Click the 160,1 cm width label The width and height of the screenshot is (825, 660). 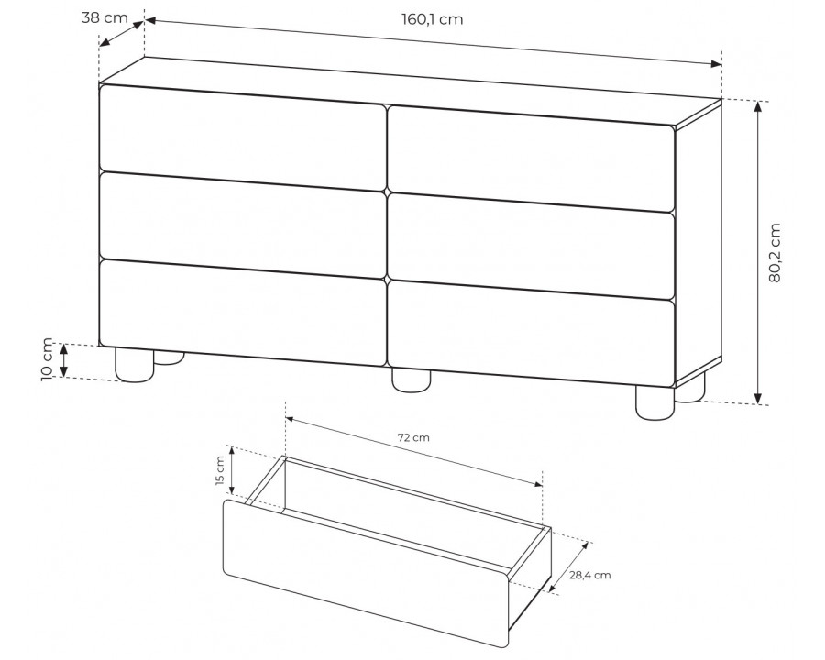pyautogui.click(x=433, y=19)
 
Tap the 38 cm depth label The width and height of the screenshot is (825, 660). pyautogui.click(x=104, y=18)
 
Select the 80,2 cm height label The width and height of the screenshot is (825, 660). pyautogui.click(x=775, y=253)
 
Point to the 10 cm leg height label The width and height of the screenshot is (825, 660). pyautogui.click(x=47, y=359)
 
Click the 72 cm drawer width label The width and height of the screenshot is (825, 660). pyautogui.click(x=413, y=437)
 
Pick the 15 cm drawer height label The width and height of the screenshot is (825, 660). pyautogui.click(x=220, y=471)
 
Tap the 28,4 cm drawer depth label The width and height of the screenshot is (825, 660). pyautogui.click(x=589, y=576)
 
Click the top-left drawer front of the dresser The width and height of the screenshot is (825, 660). pyautogui.click(x=243, y=137)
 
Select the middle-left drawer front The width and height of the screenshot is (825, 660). pyautogui.click(x=243, y=225)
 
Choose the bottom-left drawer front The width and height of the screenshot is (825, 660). pyautogui.click(x=243, y=312)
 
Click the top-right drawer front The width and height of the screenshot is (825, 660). pyautogui.click(x=532, y=159)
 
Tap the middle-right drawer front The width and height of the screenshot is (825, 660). pyautogui.click(x=532, y=247)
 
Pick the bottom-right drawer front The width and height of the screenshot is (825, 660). pyautogui.click(x=532, y=335)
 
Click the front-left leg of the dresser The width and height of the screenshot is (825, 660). pyautogui.click(x=135, y=364)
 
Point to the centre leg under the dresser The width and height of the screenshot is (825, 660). pyautogui.click(x=412, y=380)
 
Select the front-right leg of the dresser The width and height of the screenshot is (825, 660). pyautogui.click(x=655, y=402)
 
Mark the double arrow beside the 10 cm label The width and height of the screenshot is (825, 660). pyautogui.click(x=64, y=360)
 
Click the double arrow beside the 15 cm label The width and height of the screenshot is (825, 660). pyautogui.click(x=232, y=471)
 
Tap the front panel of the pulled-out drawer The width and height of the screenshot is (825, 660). pyautogui.click(x=367, y=574)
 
